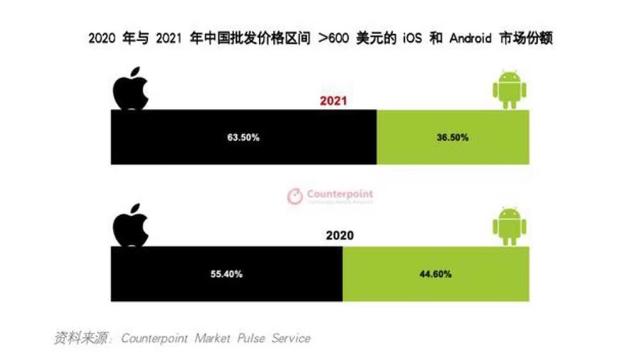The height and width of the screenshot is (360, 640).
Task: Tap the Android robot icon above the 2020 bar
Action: click(509, 225)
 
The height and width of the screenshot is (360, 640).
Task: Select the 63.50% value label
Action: click(243, 137)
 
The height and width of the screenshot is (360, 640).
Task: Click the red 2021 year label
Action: click(334, 101)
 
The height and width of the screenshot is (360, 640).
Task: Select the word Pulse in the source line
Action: click(245, 338)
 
